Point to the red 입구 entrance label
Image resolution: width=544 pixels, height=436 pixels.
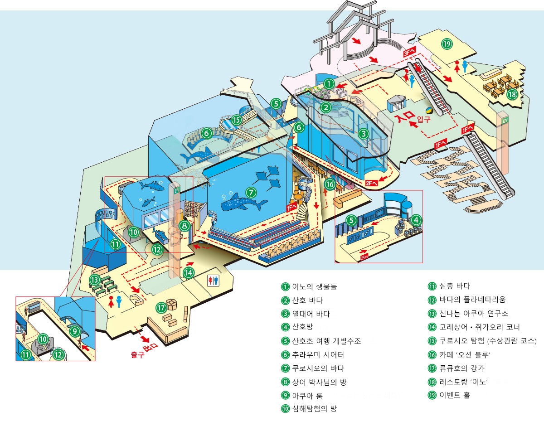click(x=423, y=119)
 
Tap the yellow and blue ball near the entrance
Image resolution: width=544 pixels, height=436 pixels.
click(x=428, y=110)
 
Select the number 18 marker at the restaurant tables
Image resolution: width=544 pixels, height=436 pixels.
click(x=512, y=94)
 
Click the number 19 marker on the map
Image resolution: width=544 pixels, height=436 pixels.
click(x=447, y=44)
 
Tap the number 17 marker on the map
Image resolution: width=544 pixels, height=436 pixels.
click(x=161, y=308)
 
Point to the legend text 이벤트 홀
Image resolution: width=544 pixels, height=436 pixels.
click(x=455, y=395)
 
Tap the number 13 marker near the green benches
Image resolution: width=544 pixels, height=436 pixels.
click(x=94, y=280)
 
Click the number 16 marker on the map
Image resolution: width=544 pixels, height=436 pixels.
click(x=330, y=184)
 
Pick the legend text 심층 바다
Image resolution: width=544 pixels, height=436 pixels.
click(x=455, y=286)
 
